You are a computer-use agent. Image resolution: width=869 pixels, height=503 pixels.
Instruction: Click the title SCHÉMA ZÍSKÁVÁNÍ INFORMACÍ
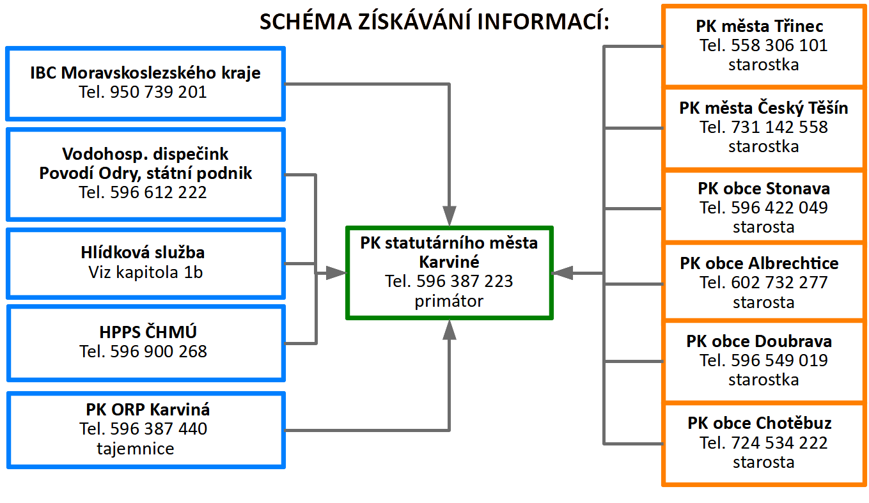coord(434,21)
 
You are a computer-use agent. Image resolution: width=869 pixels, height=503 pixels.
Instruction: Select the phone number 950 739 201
coord(159,92)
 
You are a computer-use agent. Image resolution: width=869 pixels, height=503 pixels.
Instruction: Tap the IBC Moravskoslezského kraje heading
coord(146,73)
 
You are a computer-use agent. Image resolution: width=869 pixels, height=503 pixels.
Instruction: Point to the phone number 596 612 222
coord(159,192)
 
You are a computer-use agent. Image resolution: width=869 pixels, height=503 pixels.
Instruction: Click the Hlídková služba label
coord(143,252)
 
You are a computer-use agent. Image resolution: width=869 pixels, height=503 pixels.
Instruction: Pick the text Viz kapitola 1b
coord(146,272)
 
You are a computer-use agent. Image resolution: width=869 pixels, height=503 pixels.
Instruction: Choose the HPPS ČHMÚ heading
coord(148,332)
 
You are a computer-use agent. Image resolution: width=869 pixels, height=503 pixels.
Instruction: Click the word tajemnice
coord(136,449)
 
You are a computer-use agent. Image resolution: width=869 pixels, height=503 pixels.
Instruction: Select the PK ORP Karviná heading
coord(148,410)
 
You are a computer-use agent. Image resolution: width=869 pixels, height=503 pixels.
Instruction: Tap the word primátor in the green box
coord(449,301)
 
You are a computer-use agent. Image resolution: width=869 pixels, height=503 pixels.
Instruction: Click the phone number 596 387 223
coord(464,281)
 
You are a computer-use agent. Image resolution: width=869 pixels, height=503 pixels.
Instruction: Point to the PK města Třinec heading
coord(759,26)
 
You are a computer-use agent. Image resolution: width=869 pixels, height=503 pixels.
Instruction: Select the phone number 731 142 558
coord(779,127)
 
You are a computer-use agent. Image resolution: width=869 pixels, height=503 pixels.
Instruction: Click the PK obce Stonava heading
coord(763,189)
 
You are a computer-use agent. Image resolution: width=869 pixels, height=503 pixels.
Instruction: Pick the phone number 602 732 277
coord(779,282)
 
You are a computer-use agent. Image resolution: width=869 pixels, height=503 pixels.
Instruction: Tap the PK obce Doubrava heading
coord(759,341)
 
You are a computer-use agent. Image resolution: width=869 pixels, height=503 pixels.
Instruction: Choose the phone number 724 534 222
coord(779,443)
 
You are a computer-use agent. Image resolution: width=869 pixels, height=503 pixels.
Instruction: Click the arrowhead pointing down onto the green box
coord(450,215)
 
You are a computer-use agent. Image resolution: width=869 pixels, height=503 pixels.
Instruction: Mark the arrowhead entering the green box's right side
coord(562,273)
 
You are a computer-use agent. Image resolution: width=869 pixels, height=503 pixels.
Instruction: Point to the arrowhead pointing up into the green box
coord(450,330)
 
